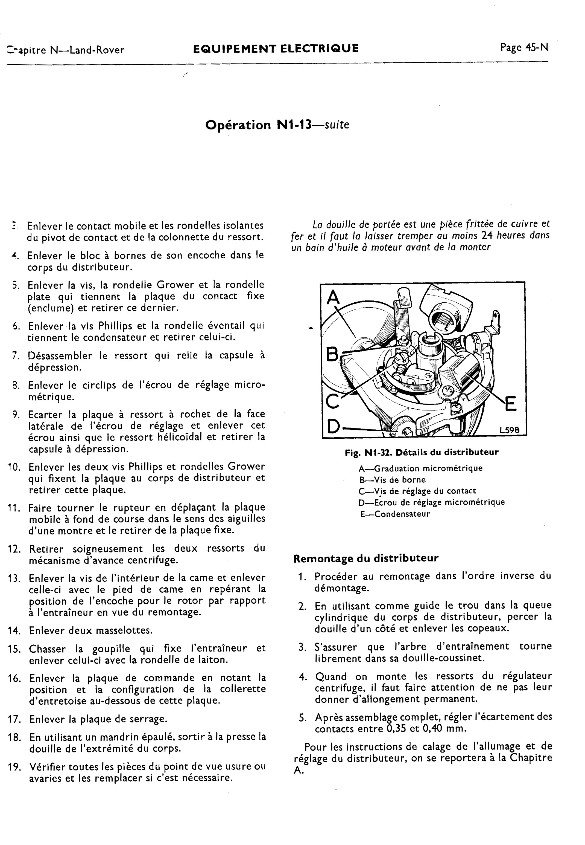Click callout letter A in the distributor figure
(333, 297)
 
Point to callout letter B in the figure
(332, 354)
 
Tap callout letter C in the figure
(332, 401)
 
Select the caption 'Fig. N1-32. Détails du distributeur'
(422, 452)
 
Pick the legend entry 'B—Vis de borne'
(392, 480)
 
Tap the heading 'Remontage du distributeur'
(365, 558)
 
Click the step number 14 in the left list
(15, 631)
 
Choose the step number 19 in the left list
(15, 767)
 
